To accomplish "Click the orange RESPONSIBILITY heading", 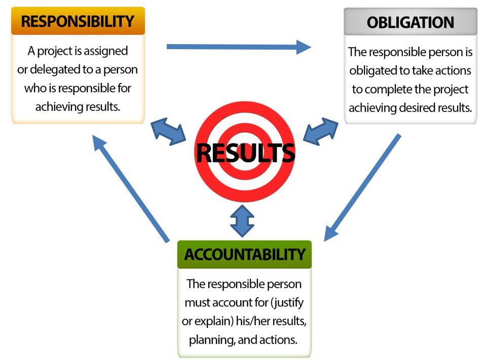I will coord(78,21).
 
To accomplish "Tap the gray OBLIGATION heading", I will coord(410,22).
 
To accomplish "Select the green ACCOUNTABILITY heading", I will coord(244,254).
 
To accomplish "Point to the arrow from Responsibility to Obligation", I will coord(238,47).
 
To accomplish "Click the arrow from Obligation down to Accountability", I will coord(362,187).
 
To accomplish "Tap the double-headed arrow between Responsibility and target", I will coord(169,132).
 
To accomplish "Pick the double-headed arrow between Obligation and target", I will coord(320,132).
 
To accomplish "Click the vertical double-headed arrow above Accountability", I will coord(242,221).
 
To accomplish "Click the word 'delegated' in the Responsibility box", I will coord(53,69).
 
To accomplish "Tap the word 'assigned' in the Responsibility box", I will coord(105,51).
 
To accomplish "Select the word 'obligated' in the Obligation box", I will coord(374,71).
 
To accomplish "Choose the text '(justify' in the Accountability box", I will coord(287,303).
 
